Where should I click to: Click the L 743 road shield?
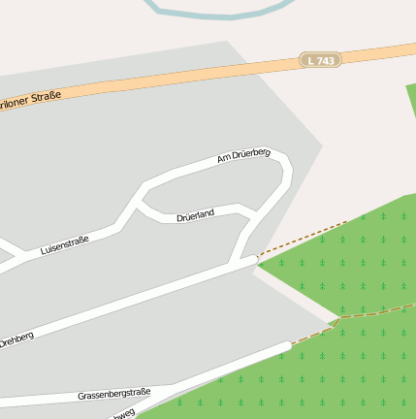click(319, 60)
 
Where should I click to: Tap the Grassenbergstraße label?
click(114, 394)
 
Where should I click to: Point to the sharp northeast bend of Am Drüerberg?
click(283, 159)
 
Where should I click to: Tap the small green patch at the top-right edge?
click(411, 107)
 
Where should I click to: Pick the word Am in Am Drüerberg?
click(223, 158)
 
